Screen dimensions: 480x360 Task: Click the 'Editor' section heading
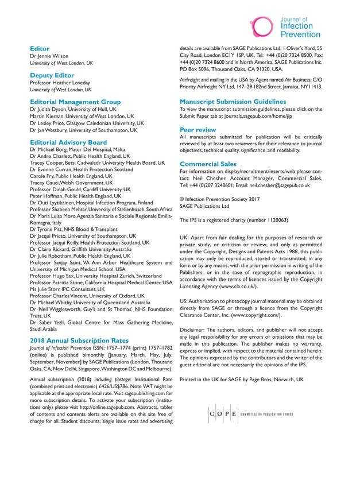40,49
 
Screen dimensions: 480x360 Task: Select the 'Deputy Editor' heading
52,75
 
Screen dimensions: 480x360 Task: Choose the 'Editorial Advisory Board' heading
68,142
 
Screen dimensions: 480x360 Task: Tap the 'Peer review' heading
198,130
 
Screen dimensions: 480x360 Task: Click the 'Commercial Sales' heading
208,164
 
